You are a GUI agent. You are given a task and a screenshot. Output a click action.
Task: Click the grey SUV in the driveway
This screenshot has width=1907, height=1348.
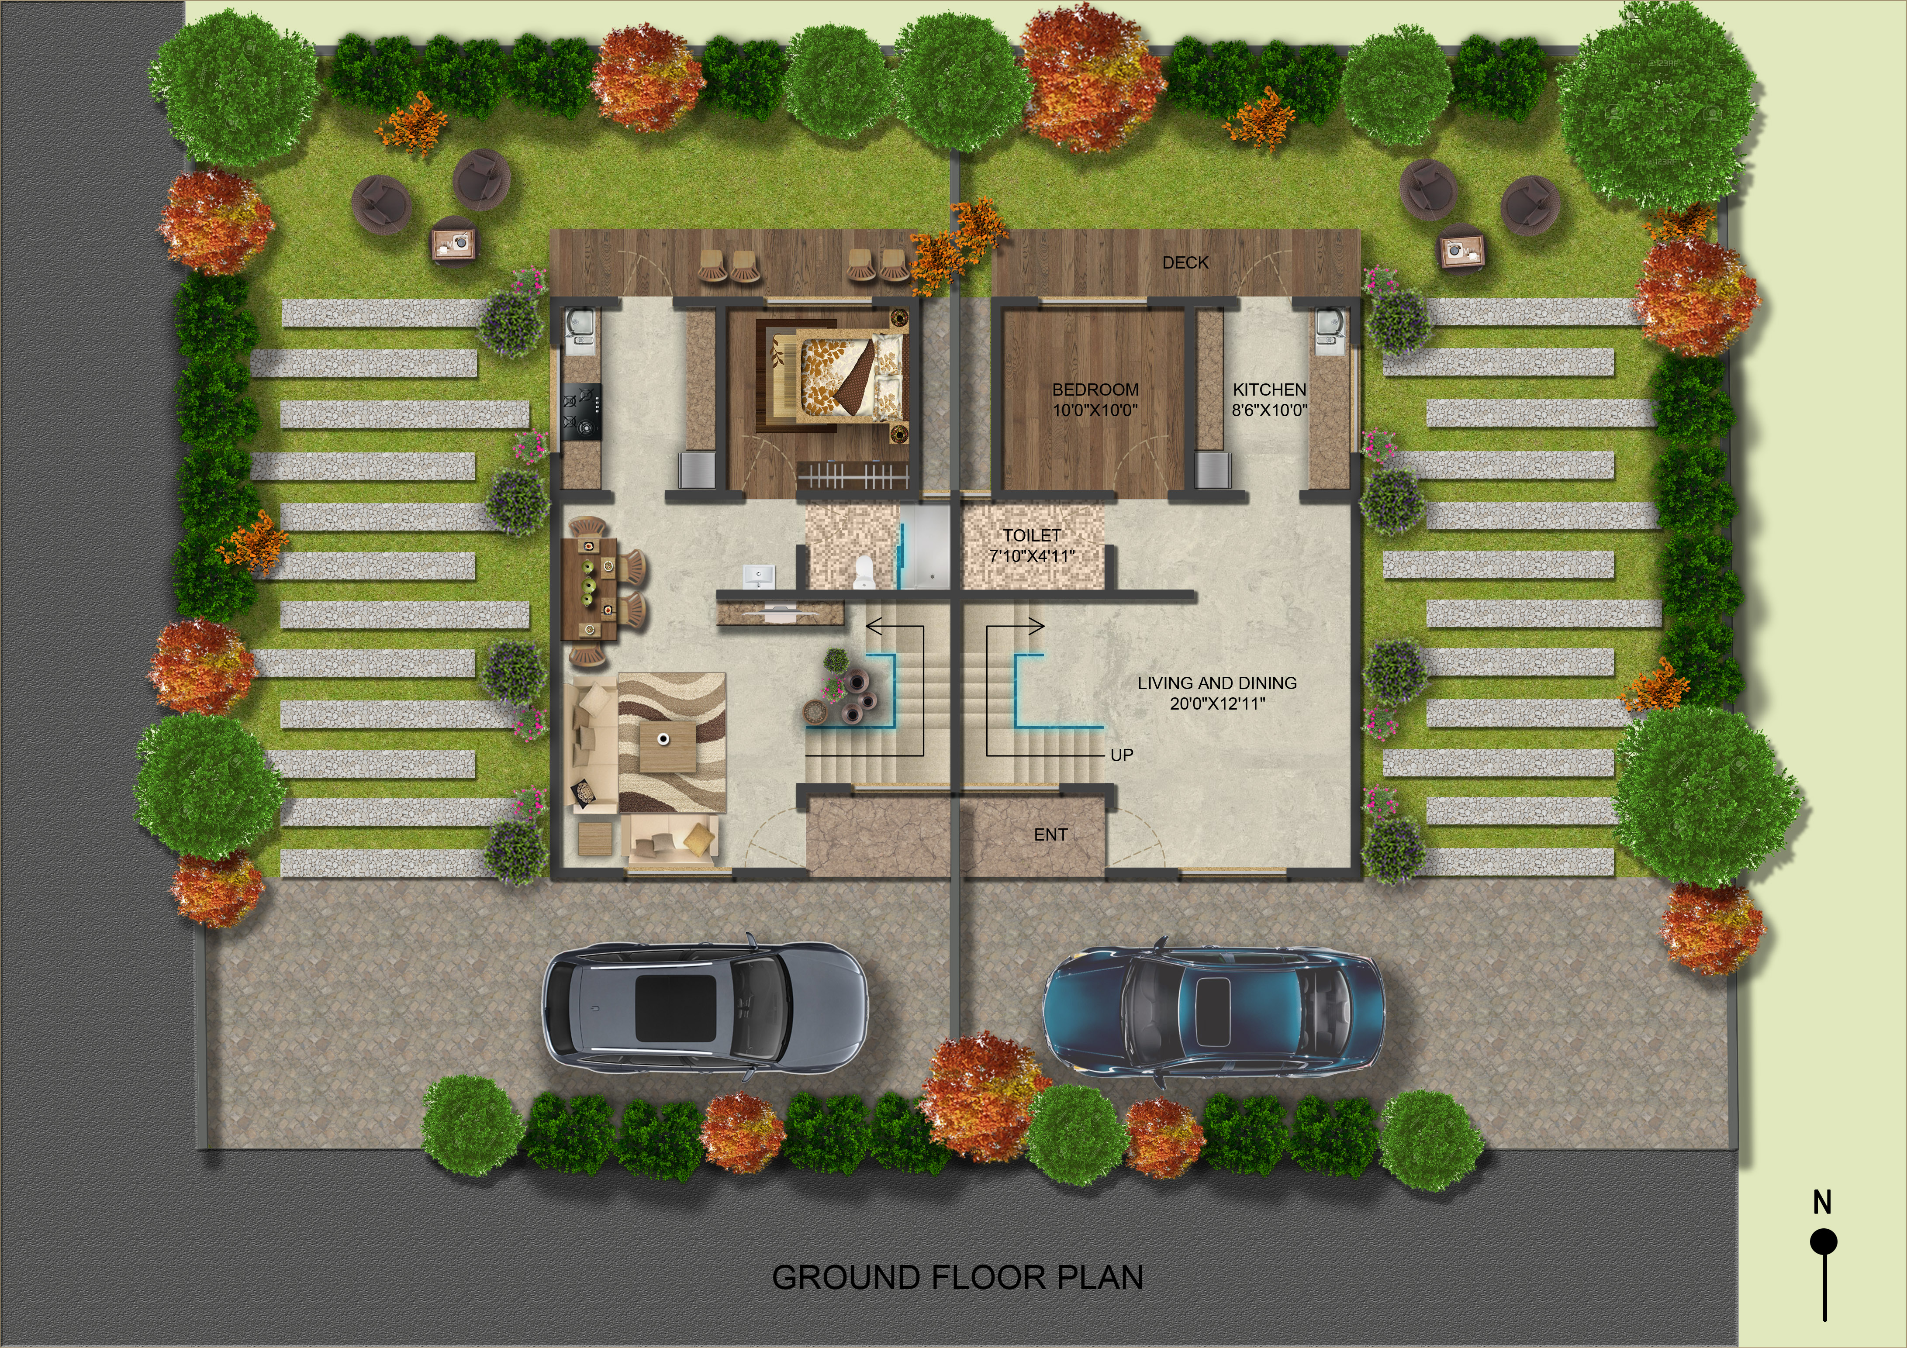point(705,1007)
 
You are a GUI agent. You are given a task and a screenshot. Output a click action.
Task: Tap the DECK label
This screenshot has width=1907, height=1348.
point(1185,262)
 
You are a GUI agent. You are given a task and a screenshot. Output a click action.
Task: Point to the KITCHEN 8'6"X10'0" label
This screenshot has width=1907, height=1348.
point(1269,400)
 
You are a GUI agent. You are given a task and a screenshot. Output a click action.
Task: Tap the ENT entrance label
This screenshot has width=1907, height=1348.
point(1050,835)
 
